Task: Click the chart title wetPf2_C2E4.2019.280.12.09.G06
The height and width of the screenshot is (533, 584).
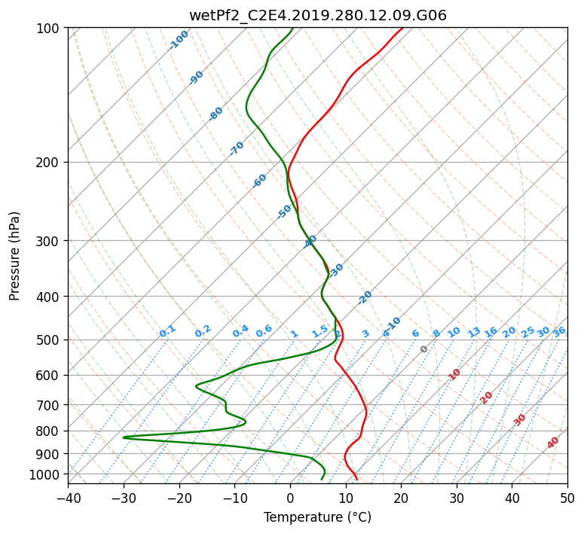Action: pos(317,14)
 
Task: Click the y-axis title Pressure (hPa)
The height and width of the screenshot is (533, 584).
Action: pos(15,255)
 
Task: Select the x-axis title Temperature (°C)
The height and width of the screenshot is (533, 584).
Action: pos(317,517)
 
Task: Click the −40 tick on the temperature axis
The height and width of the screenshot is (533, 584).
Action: pos(68,498)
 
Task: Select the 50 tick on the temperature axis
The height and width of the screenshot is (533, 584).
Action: pos(567,498)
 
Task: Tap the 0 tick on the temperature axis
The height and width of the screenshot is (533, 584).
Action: pos(290,498)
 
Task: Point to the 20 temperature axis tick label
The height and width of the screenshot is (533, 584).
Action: pos(401,498)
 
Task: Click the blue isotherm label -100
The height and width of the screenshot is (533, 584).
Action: pos(179,40)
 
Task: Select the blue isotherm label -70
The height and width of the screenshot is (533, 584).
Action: pos(237,148)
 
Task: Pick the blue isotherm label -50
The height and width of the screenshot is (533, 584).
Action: pos(284,212)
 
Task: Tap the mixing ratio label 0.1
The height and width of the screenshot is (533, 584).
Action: pos(167,330)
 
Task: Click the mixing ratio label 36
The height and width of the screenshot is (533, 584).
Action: pos(559,331)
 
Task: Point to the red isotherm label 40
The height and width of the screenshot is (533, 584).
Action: pos(553,443)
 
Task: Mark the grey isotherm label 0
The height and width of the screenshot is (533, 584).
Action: pos(424,349)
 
